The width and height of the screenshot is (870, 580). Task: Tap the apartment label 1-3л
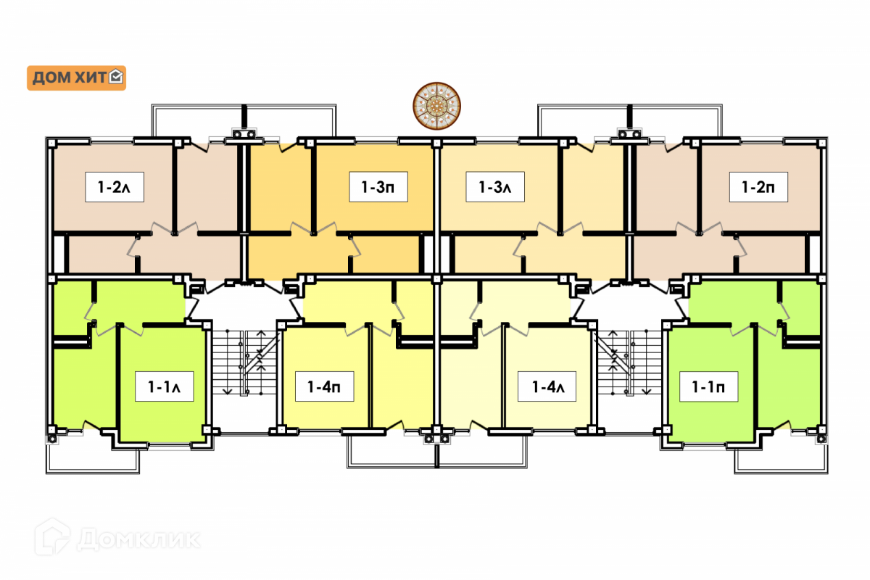(495, 187)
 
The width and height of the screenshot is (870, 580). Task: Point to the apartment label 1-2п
(758, 187)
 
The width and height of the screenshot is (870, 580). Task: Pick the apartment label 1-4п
(325, 386)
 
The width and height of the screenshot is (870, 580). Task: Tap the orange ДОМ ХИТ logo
(76, 78)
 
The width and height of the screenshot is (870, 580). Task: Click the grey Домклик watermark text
(138, 539)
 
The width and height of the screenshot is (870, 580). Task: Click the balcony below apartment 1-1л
(94, 457)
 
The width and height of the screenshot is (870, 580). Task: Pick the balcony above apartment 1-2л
(196, 120)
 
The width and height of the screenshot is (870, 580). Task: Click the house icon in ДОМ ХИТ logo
(116, 77)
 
